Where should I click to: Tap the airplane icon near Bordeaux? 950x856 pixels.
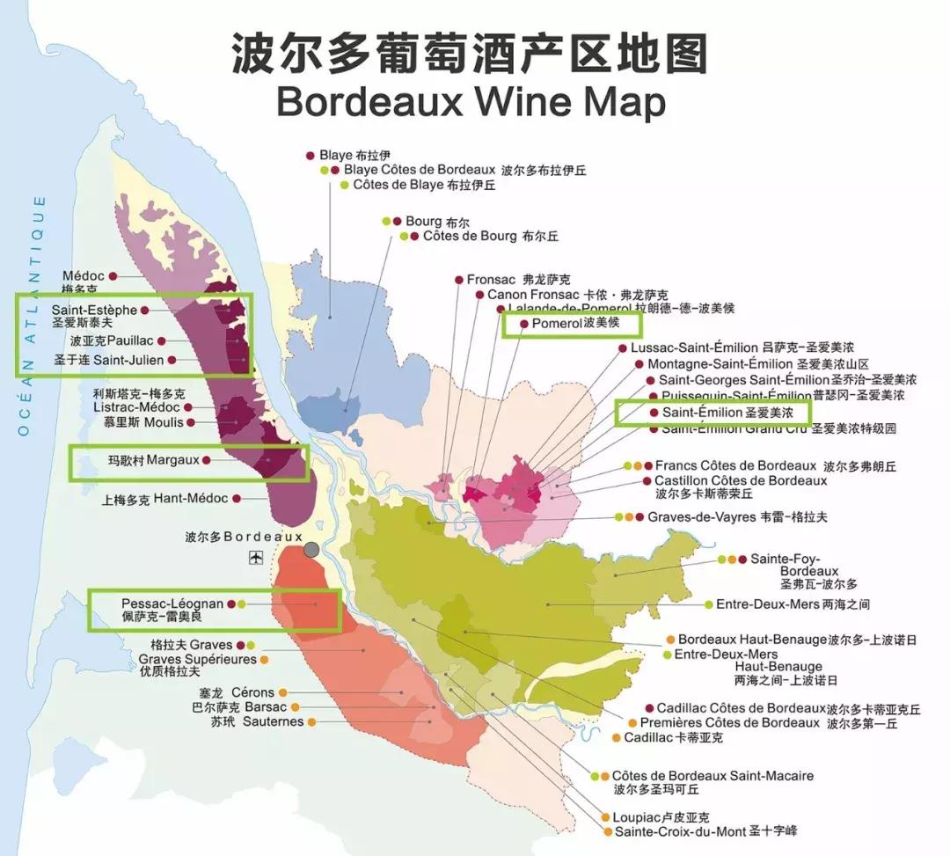point(256,557)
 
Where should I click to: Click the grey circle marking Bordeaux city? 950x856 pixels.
point(311,550)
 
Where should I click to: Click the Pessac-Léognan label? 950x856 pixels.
point(172,604)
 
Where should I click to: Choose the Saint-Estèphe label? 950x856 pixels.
point(94,310)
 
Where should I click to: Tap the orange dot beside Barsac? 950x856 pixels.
point(295,707)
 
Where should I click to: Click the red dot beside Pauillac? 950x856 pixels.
point(162,340)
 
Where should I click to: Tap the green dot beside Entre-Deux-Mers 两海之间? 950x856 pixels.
point(708,604)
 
